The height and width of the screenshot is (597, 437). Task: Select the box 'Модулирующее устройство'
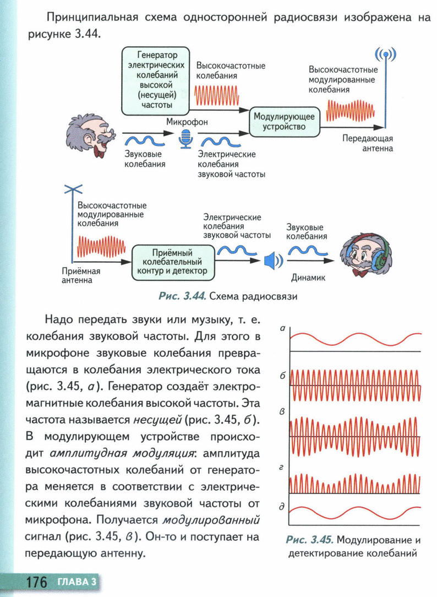coord(283,122)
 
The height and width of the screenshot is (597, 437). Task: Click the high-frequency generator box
coord(156,80)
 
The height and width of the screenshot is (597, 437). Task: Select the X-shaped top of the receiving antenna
coord(72,189)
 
